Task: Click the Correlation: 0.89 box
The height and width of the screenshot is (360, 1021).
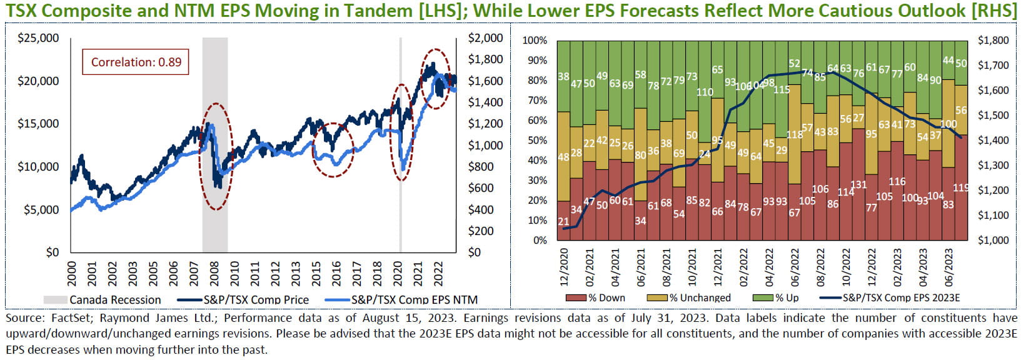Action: (x=136, y=62)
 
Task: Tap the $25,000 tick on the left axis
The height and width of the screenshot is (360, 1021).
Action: (x=38, y=38)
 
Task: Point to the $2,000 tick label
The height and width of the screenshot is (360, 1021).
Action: (x=485, y=38)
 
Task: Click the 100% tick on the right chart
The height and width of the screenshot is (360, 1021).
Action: (x=535, y=41)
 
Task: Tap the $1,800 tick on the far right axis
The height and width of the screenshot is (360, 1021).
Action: (x=993, y=41)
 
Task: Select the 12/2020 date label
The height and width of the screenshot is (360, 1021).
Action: (x=565, y=266)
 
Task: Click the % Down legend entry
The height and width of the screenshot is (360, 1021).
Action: (x=606, y=298)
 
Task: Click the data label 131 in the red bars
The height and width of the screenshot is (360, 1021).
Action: (x=858, y=185)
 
